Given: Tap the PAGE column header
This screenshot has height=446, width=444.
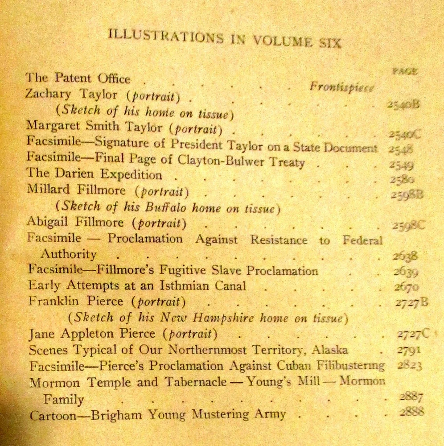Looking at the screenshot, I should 405,70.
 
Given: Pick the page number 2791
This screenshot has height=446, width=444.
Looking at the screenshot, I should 408,350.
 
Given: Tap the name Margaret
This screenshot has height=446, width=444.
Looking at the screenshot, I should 49,126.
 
